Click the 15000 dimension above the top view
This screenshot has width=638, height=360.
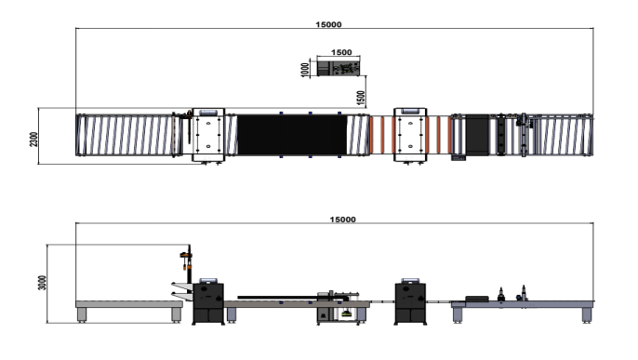coord(329,24)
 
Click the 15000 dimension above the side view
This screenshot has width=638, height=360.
coord(342,220)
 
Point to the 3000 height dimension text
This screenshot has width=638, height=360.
coord(42,283)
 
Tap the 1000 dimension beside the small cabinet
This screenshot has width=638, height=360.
coord(304,70)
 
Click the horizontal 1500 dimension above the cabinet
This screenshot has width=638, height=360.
coord(341,52)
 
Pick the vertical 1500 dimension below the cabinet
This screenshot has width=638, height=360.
coord(361,98)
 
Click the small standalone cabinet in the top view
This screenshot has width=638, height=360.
coord(339,68)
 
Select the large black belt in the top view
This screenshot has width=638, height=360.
coord(292,135)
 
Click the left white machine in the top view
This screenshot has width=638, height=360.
coord(208,135)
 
